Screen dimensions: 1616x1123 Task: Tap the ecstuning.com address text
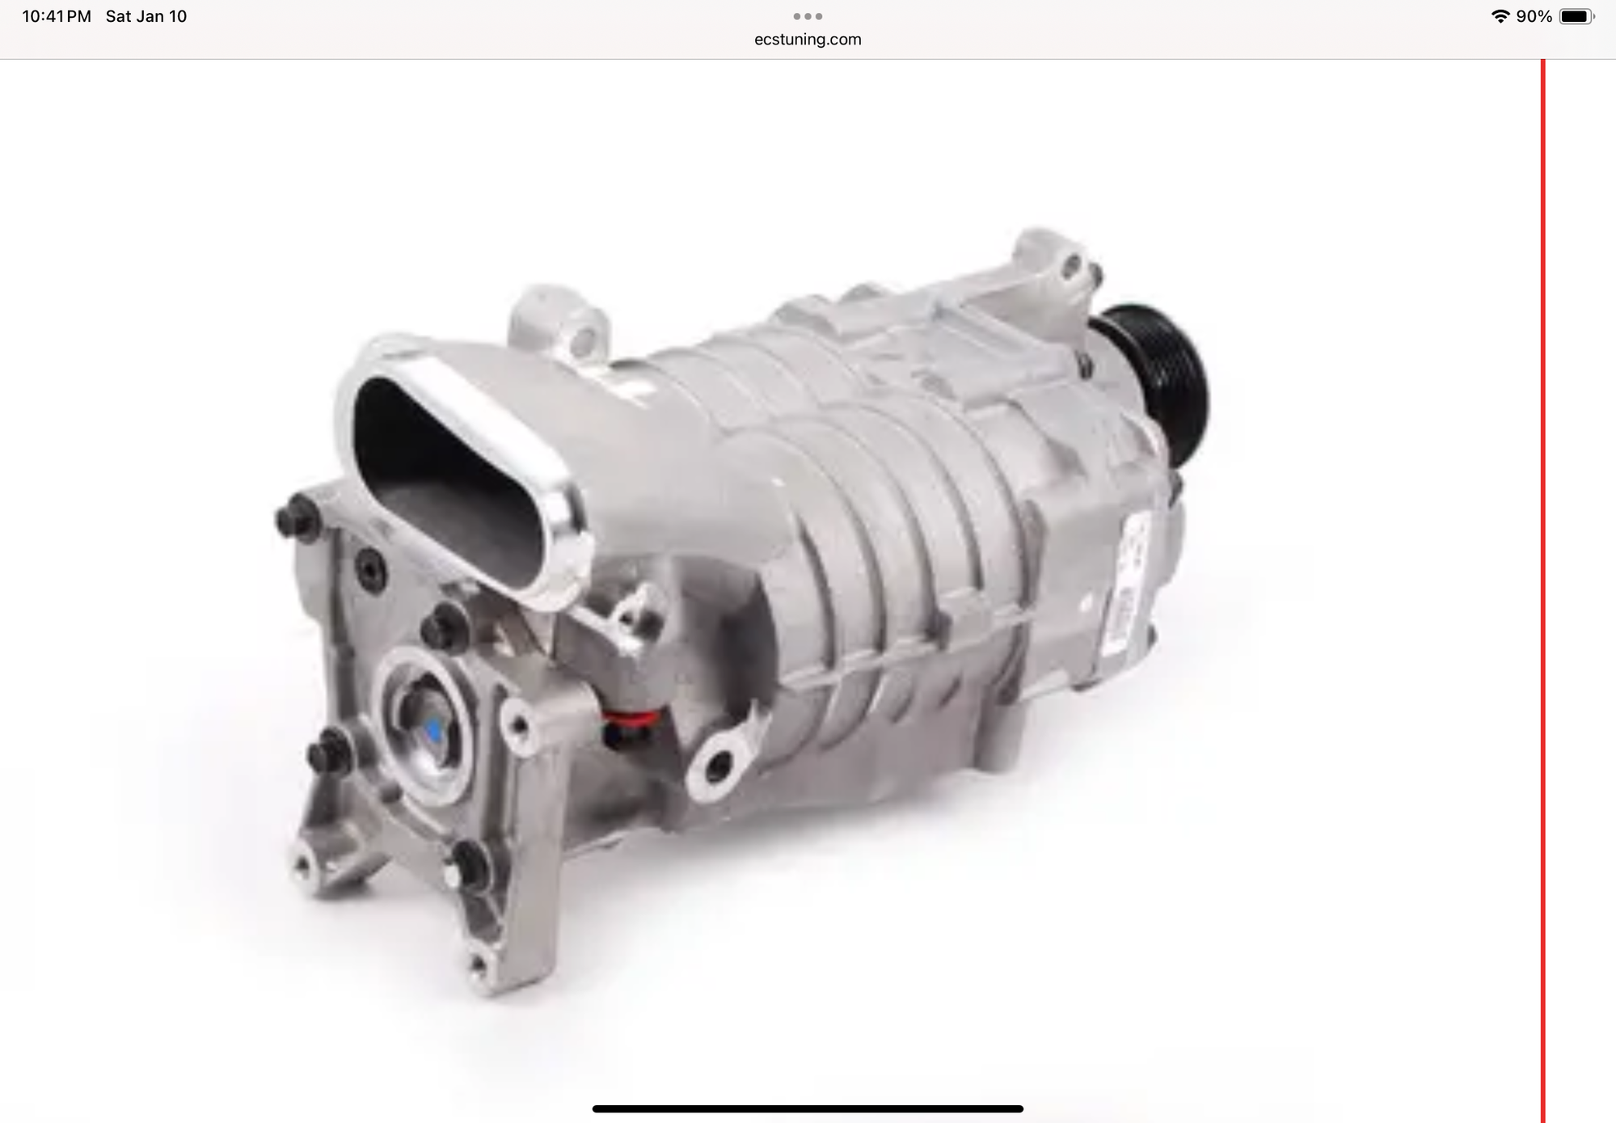tap(808, 40)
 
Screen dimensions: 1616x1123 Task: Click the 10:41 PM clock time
tap(57, 16)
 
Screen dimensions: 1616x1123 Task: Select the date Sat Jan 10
tap(146, 16)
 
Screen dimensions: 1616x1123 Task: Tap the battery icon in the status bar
tap(1576, 16)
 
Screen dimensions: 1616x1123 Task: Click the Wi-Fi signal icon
tap(1500, 16)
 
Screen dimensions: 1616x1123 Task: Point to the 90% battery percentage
tap(1534, 16)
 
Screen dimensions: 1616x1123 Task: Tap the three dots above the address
tap(808, 16)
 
